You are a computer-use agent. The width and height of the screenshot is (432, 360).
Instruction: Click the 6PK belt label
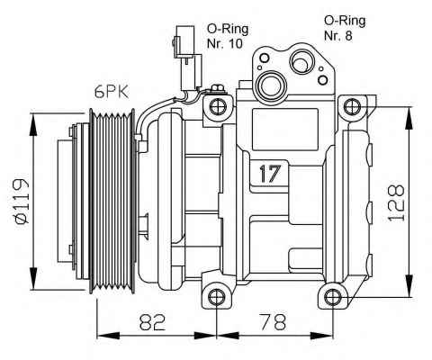click(112, 92)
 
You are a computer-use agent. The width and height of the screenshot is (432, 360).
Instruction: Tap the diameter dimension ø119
click(22, 202)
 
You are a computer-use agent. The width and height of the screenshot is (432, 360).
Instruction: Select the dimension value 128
click(396, 203)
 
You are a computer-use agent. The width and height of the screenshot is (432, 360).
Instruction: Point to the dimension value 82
click(152, 322)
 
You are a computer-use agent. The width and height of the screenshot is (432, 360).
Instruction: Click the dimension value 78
click(273, 322)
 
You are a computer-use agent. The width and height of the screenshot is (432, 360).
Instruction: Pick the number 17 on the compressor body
click(270, 174)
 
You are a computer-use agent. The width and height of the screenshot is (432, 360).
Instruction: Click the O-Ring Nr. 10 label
click(228, 36)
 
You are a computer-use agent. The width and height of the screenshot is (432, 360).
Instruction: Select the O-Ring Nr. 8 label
click(345, 28)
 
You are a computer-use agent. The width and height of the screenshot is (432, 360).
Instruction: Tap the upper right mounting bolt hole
click(352, 106)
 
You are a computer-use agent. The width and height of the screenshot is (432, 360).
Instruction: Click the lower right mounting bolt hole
click(333, 297)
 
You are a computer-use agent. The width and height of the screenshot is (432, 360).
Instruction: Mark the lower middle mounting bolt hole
click(216, 297)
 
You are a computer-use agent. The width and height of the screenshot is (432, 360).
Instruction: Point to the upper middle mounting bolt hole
click(218, 106)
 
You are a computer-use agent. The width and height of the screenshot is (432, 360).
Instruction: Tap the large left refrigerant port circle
click(271, 85)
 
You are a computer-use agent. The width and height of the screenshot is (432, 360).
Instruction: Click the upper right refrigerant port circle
click(302, 62)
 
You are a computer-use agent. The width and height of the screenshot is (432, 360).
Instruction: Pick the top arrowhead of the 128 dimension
click(409, 119)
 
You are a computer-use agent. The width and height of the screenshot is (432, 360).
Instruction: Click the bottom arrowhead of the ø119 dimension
click(33, 279)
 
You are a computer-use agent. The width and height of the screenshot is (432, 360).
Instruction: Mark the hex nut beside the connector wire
click(218, 89)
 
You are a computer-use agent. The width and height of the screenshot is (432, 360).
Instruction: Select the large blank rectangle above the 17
click(285, 130)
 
